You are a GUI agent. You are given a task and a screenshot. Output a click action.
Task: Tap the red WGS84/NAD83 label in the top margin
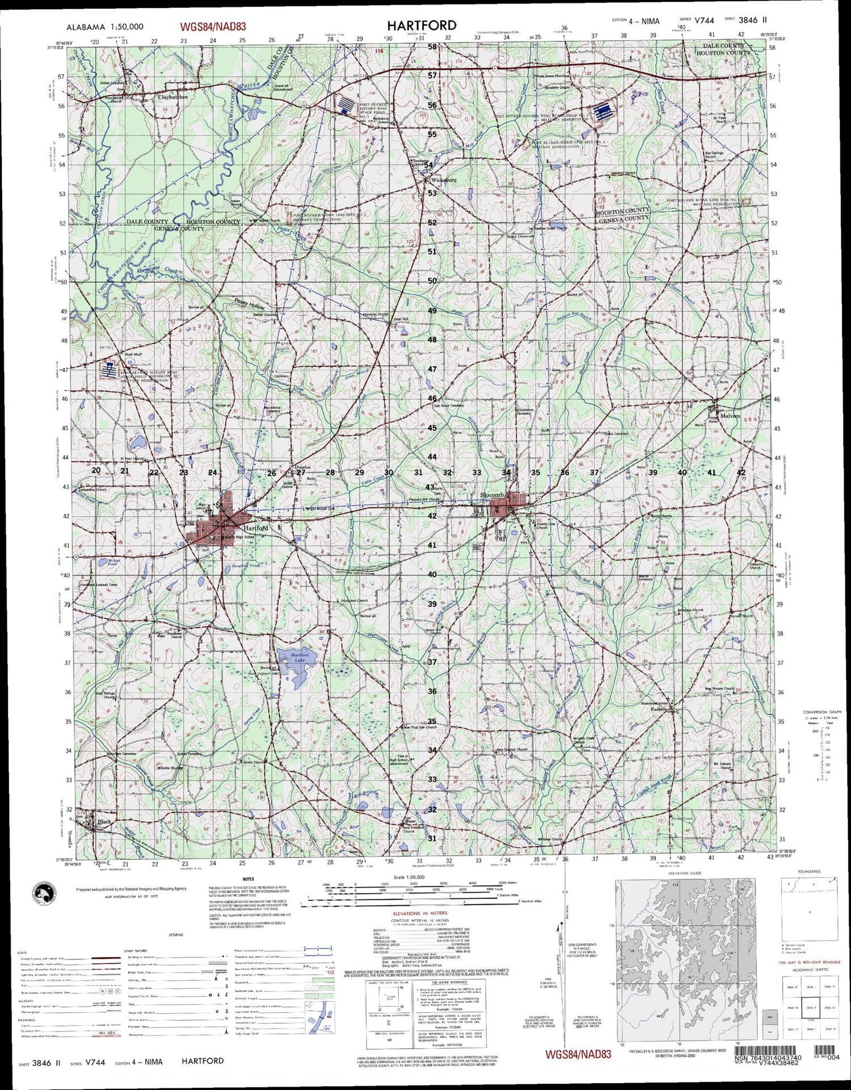coord(213,27)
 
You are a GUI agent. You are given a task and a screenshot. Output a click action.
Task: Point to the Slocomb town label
coord(491,495)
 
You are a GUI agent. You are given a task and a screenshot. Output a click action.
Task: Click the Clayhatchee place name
coord(172,97)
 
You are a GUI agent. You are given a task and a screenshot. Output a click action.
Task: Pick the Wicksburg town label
coord(444,180)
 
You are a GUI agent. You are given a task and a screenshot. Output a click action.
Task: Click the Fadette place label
coord(659,709)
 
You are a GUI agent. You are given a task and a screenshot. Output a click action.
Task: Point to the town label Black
coord(104,822)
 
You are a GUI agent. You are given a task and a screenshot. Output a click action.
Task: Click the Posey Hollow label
coord(250,304)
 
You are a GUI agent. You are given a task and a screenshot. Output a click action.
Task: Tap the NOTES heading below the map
coord(248,879)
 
